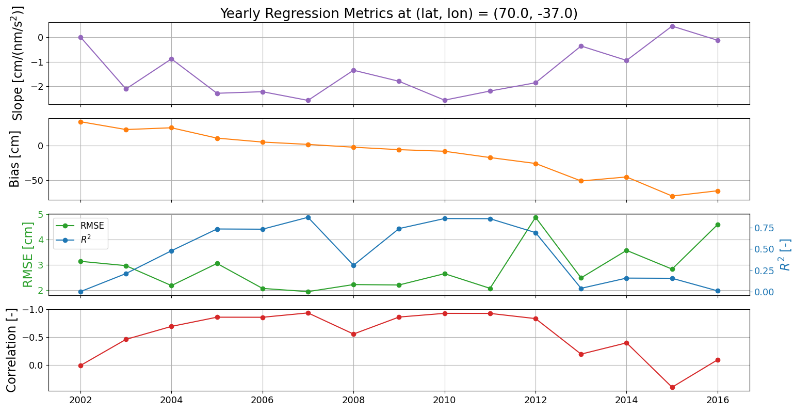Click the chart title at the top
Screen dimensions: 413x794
(x=398, y=13)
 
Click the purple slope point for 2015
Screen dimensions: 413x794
(x=672, y=26)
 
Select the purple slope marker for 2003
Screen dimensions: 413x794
(x=126, y=89)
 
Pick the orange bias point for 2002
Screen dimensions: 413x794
(x=80, y=122)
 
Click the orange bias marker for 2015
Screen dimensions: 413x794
(x=672, y=196)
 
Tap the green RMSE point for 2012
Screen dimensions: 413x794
(x=536, y=217)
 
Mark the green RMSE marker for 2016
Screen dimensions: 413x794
(x=718, y=225)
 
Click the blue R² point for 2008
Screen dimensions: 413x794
(x=353, y=265)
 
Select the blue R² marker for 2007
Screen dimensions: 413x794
(x=308, y=217)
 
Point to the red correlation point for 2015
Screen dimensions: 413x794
(x=672, y=387)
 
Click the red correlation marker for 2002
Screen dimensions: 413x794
(x=80, y=366)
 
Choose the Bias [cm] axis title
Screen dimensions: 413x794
(x=15, y=159)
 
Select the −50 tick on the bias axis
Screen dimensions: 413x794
(x=34, y=181)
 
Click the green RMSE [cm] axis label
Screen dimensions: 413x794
(x=28, y=255)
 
